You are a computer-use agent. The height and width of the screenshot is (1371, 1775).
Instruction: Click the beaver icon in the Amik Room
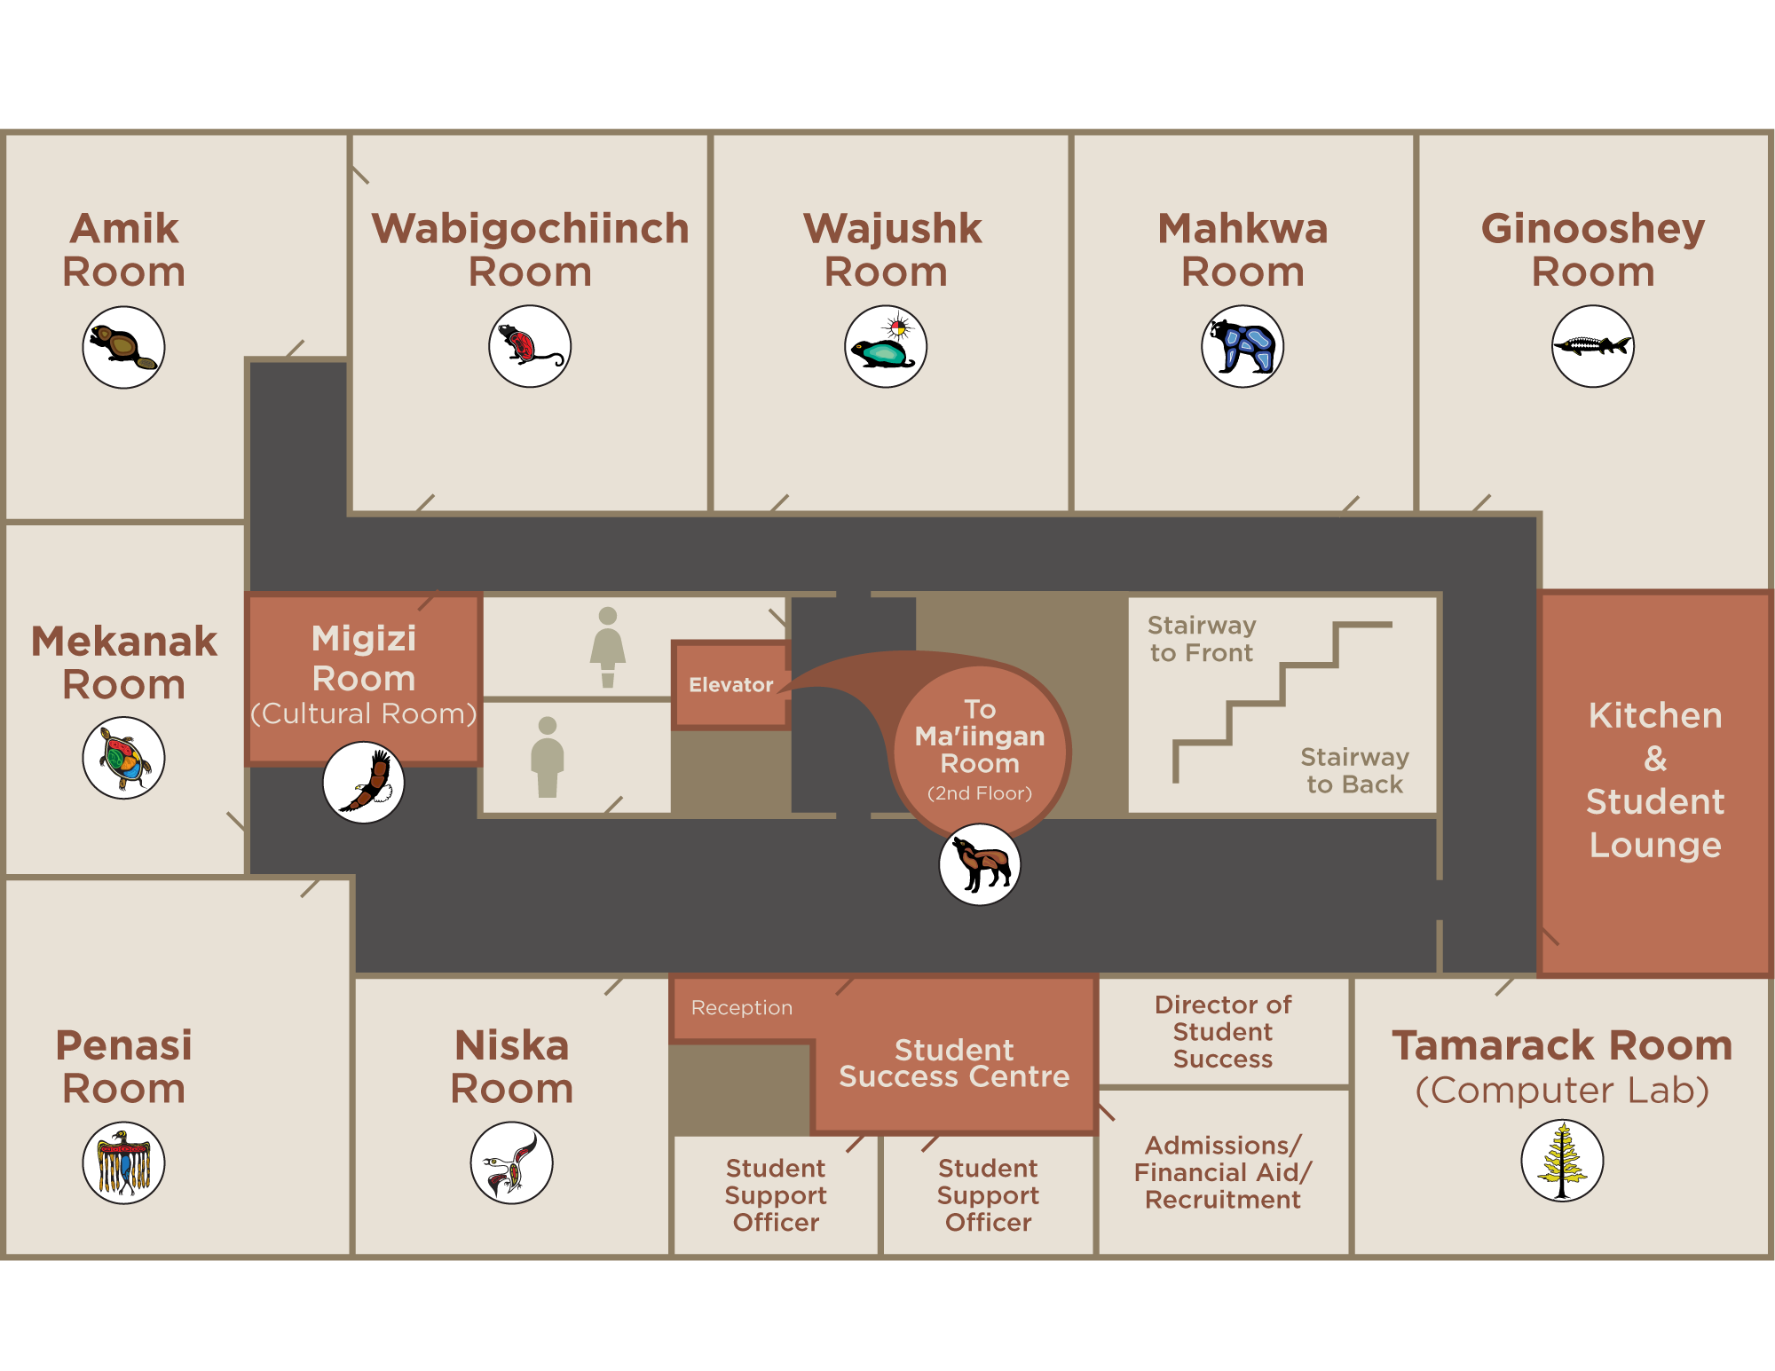123,347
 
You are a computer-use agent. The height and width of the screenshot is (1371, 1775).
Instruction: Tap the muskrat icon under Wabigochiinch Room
530,346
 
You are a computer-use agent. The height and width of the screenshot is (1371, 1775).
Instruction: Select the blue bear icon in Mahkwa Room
1242,346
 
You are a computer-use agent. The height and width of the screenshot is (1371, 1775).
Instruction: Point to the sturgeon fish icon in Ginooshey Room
1593,346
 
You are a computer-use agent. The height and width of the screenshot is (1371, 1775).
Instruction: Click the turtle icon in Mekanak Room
123,758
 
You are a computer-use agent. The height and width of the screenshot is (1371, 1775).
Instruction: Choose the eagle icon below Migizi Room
364,782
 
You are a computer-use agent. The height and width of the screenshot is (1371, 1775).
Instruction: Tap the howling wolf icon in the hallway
980,864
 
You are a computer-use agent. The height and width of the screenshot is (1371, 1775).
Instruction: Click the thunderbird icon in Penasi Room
123,1162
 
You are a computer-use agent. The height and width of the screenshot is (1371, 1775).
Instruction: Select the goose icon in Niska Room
511,1162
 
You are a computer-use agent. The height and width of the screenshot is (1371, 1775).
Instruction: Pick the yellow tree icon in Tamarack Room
1562,1161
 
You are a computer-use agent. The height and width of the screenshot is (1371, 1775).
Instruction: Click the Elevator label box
731,685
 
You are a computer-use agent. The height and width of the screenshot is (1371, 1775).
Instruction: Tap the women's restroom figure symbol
608,647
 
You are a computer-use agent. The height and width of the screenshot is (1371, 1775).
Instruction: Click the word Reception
742,1008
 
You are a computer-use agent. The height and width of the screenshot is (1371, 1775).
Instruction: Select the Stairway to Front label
1202,639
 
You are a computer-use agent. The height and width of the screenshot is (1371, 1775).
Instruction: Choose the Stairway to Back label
1354,770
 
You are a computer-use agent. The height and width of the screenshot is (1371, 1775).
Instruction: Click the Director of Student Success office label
1223,1031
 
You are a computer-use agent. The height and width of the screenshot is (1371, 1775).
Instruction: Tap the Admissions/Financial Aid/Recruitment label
1223,1172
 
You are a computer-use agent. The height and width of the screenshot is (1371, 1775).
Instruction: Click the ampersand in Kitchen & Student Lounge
1655,759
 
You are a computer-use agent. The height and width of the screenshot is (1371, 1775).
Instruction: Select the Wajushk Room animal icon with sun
886,346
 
